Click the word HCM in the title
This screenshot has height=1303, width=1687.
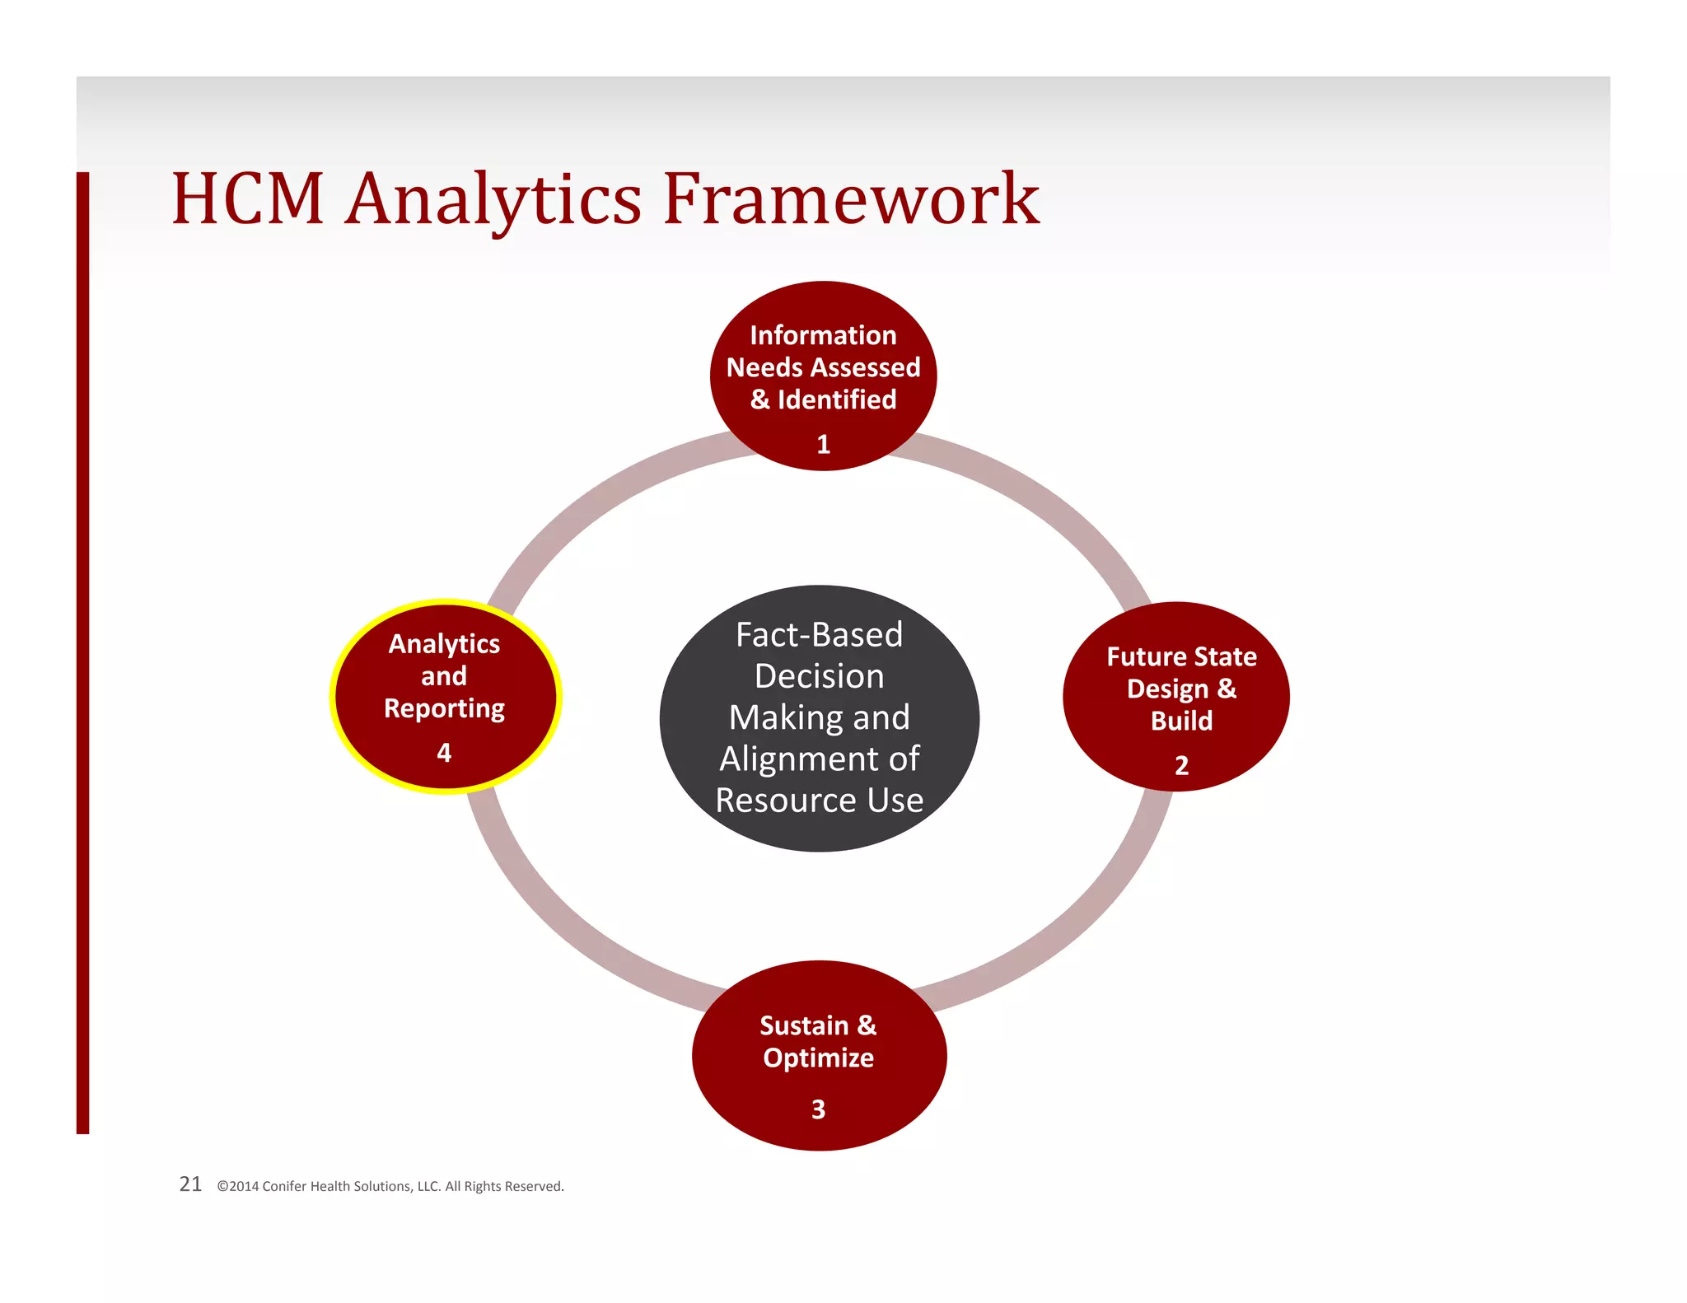tap(247, 199)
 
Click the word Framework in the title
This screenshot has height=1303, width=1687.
tap(852, 199)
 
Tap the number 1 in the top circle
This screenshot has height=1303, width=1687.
tap(823, 445)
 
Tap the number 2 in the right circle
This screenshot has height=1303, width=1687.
tap(1181, 765)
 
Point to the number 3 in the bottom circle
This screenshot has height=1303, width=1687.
tap(818, 1109)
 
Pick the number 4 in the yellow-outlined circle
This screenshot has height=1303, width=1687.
tap(444, 752)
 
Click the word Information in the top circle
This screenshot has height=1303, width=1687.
tap(823, 335)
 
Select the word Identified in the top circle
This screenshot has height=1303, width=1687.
tap(837, 399)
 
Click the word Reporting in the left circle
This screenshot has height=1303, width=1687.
tap(444, 709)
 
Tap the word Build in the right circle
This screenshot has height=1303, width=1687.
tap(1181, 721)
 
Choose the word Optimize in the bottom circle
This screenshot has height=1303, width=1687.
tap(818, 1058)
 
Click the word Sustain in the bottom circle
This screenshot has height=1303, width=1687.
tap(803, 1025)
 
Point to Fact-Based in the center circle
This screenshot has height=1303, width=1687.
tap(819, 635)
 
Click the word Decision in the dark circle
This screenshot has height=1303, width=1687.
tap(819, 676)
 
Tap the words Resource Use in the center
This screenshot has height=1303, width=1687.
tap(819, 801)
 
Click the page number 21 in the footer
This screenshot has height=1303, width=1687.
tap(190, 1184)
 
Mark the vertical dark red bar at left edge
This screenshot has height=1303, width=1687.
tap(82, 651)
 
